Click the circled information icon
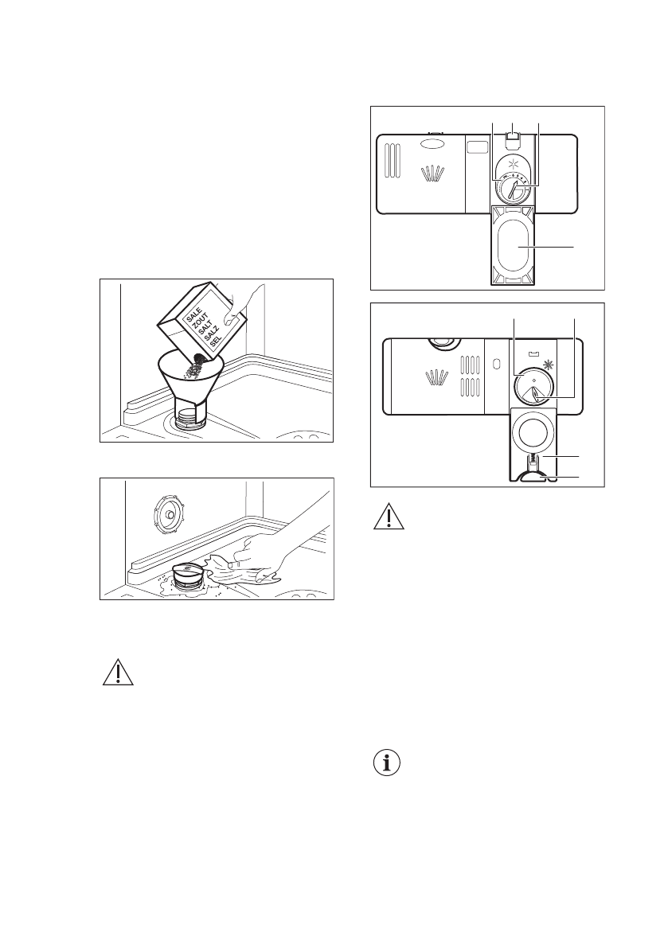click(x=386, y=764)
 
